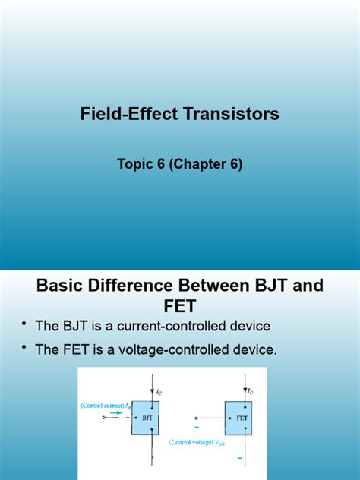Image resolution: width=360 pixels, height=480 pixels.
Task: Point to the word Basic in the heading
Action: pyautogui.click(x=63, y=286)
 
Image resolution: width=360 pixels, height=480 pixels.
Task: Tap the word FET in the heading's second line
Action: pyautogui.click(x=180, y=308)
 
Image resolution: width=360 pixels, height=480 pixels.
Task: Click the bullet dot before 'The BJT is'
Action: pyautogui.click(x=24, y=324)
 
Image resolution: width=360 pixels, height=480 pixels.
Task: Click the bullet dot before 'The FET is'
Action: pyautogui.click(x=24, y=349)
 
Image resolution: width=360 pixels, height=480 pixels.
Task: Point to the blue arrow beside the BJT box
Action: pyautogui.click(x=118, y=414)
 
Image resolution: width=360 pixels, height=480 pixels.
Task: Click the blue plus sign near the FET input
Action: pyautogui.click(x=197, y=427)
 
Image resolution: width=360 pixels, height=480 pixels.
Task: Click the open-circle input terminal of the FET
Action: pyautogui.click(x=196, y=418)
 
